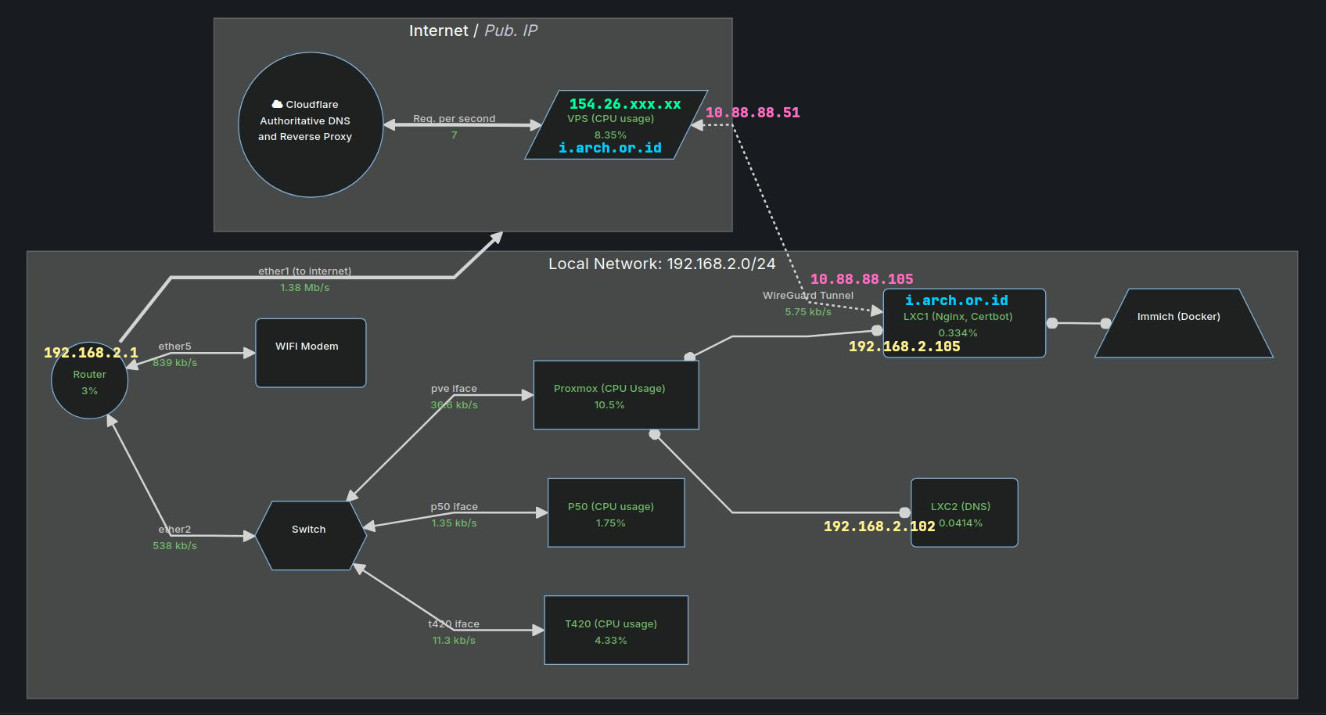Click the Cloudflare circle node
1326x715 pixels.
(x=311, y=125)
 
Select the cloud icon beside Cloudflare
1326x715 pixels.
(x=277, y=104)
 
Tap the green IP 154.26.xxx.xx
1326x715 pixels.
(x=625, y=104)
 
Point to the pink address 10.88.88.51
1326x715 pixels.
(x=753, y=113)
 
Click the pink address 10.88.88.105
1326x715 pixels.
(x=861, y=278)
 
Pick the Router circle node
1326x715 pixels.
(x=89, y=381)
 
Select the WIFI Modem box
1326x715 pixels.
(x=311, y=353)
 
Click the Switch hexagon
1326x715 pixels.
(x=311, y=536)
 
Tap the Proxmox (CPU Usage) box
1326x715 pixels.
(x=616, y=395)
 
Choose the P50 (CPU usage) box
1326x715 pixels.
(x=616, y=512)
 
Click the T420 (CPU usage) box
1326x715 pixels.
(x=616, y=630)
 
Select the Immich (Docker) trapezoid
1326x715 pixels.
(x=1184, y=323)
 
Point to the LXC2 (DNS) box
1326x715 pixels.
(x=965, y=512)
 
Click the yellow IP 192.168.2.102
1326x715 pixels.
(x=879, y=526)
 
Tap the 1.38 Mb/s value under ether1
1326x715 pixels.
(x=305, y=288)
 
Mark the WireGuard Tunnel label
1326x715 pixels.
(x=808, y=296)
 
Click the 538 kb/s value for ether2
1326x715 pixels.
(x=174, y=546)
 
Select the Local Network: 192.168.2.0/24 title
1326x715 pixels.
(x=662, y=264)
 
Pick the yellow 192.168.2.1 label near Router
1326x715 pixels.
(x=91, y=353)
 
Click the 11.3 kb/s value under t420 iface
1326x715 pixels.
(x=454, y=641)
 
